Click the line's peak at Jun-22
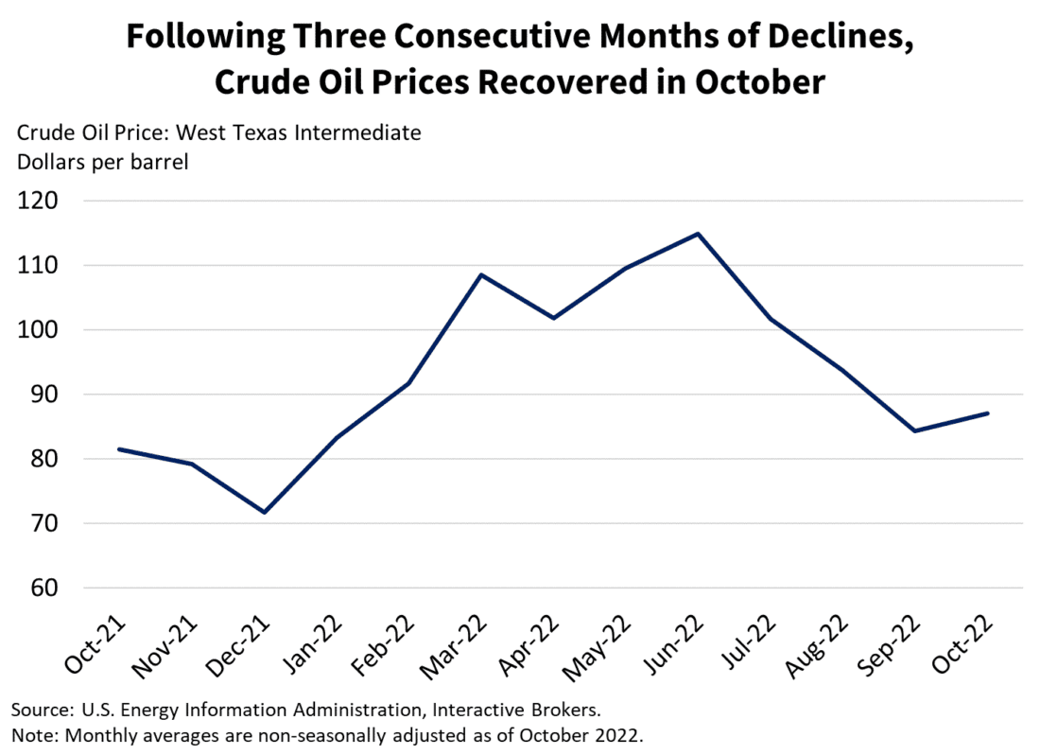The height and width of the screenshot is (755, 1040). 698,234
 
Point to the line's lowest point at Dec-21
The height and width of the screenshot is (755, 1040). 265,512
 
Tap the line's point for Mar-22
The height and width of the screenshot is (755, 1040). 481,275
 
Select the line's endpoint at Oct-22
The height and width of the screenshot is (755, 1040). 987,413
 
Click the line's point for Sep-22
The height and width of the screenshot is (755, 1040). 914,430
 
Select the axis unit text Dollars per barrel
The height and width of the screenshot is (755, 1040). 103,162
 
